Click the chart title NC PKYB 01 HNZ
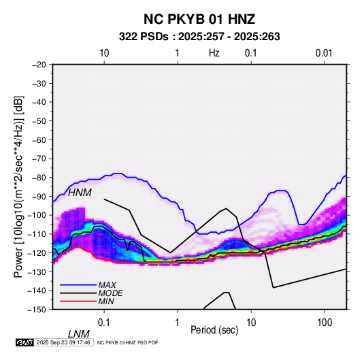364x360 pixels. [199, 19]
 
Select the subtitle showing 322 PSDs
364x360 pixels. [199, 37]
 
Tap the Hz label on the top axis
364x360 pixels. [214, 53]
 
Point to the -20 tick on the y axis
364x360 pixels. [39, 65]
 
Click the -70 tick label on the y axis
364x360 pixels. [39, 159]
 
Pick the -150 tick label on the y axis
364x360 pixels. [37, 309]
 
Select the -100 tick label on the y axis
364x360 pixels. [37, 215]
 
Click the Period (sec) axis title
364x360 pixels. [214, 330]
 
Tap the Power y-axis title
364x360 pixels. [18, 186]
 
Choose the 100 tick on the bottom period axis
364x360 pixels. [324, 323]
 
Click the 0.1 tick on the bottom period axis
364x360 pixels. [104, 323]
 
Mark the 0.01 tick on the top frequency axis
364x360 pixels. [324, 53]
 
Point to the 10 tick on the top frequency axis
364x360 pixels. [104, 53]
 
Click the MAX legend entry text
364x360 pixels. [107, 285]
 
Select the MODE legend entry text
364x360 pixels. [110, 293]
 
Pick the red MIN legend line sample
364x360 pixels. [78, 301]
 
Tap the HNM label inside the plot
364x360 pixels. [80, 193]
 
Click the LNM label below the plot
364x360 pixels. [78, 334]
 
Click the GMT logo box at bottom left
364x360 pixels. [24, 342]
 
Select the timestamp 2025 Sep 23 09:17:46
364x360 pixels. [63, 342]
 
